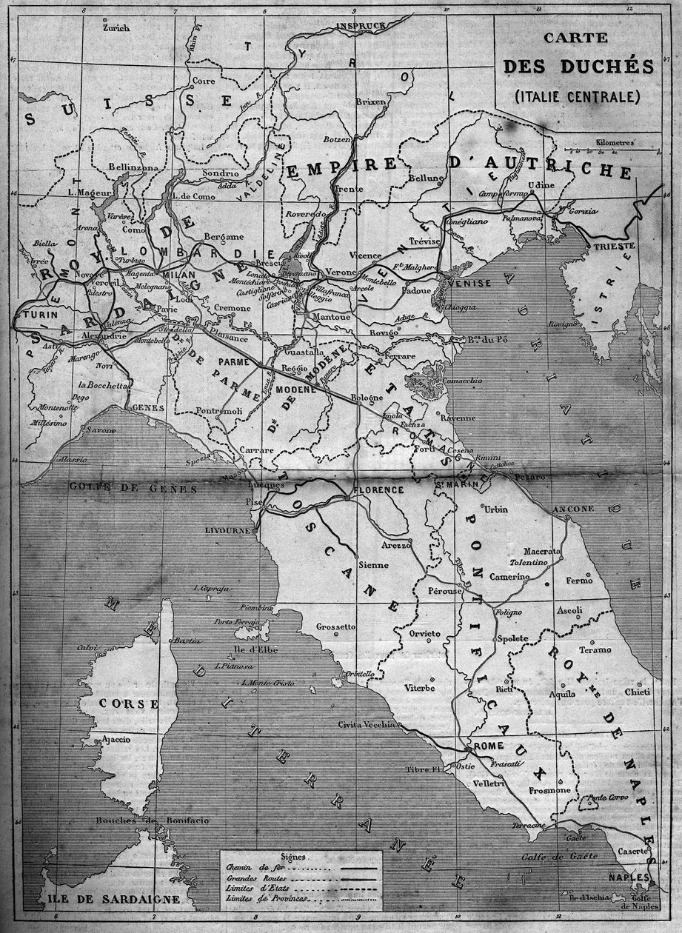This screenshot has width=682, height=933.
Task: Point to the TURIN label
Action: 36,315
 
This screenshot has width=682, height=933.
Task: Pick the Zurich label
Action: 117,28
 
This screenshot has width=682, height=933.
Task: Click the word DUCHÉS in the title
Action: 578,67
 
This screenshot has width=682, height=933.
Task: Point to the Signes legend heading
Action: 296,855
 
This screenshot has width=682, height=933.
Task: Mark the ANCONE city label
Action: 573,509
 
